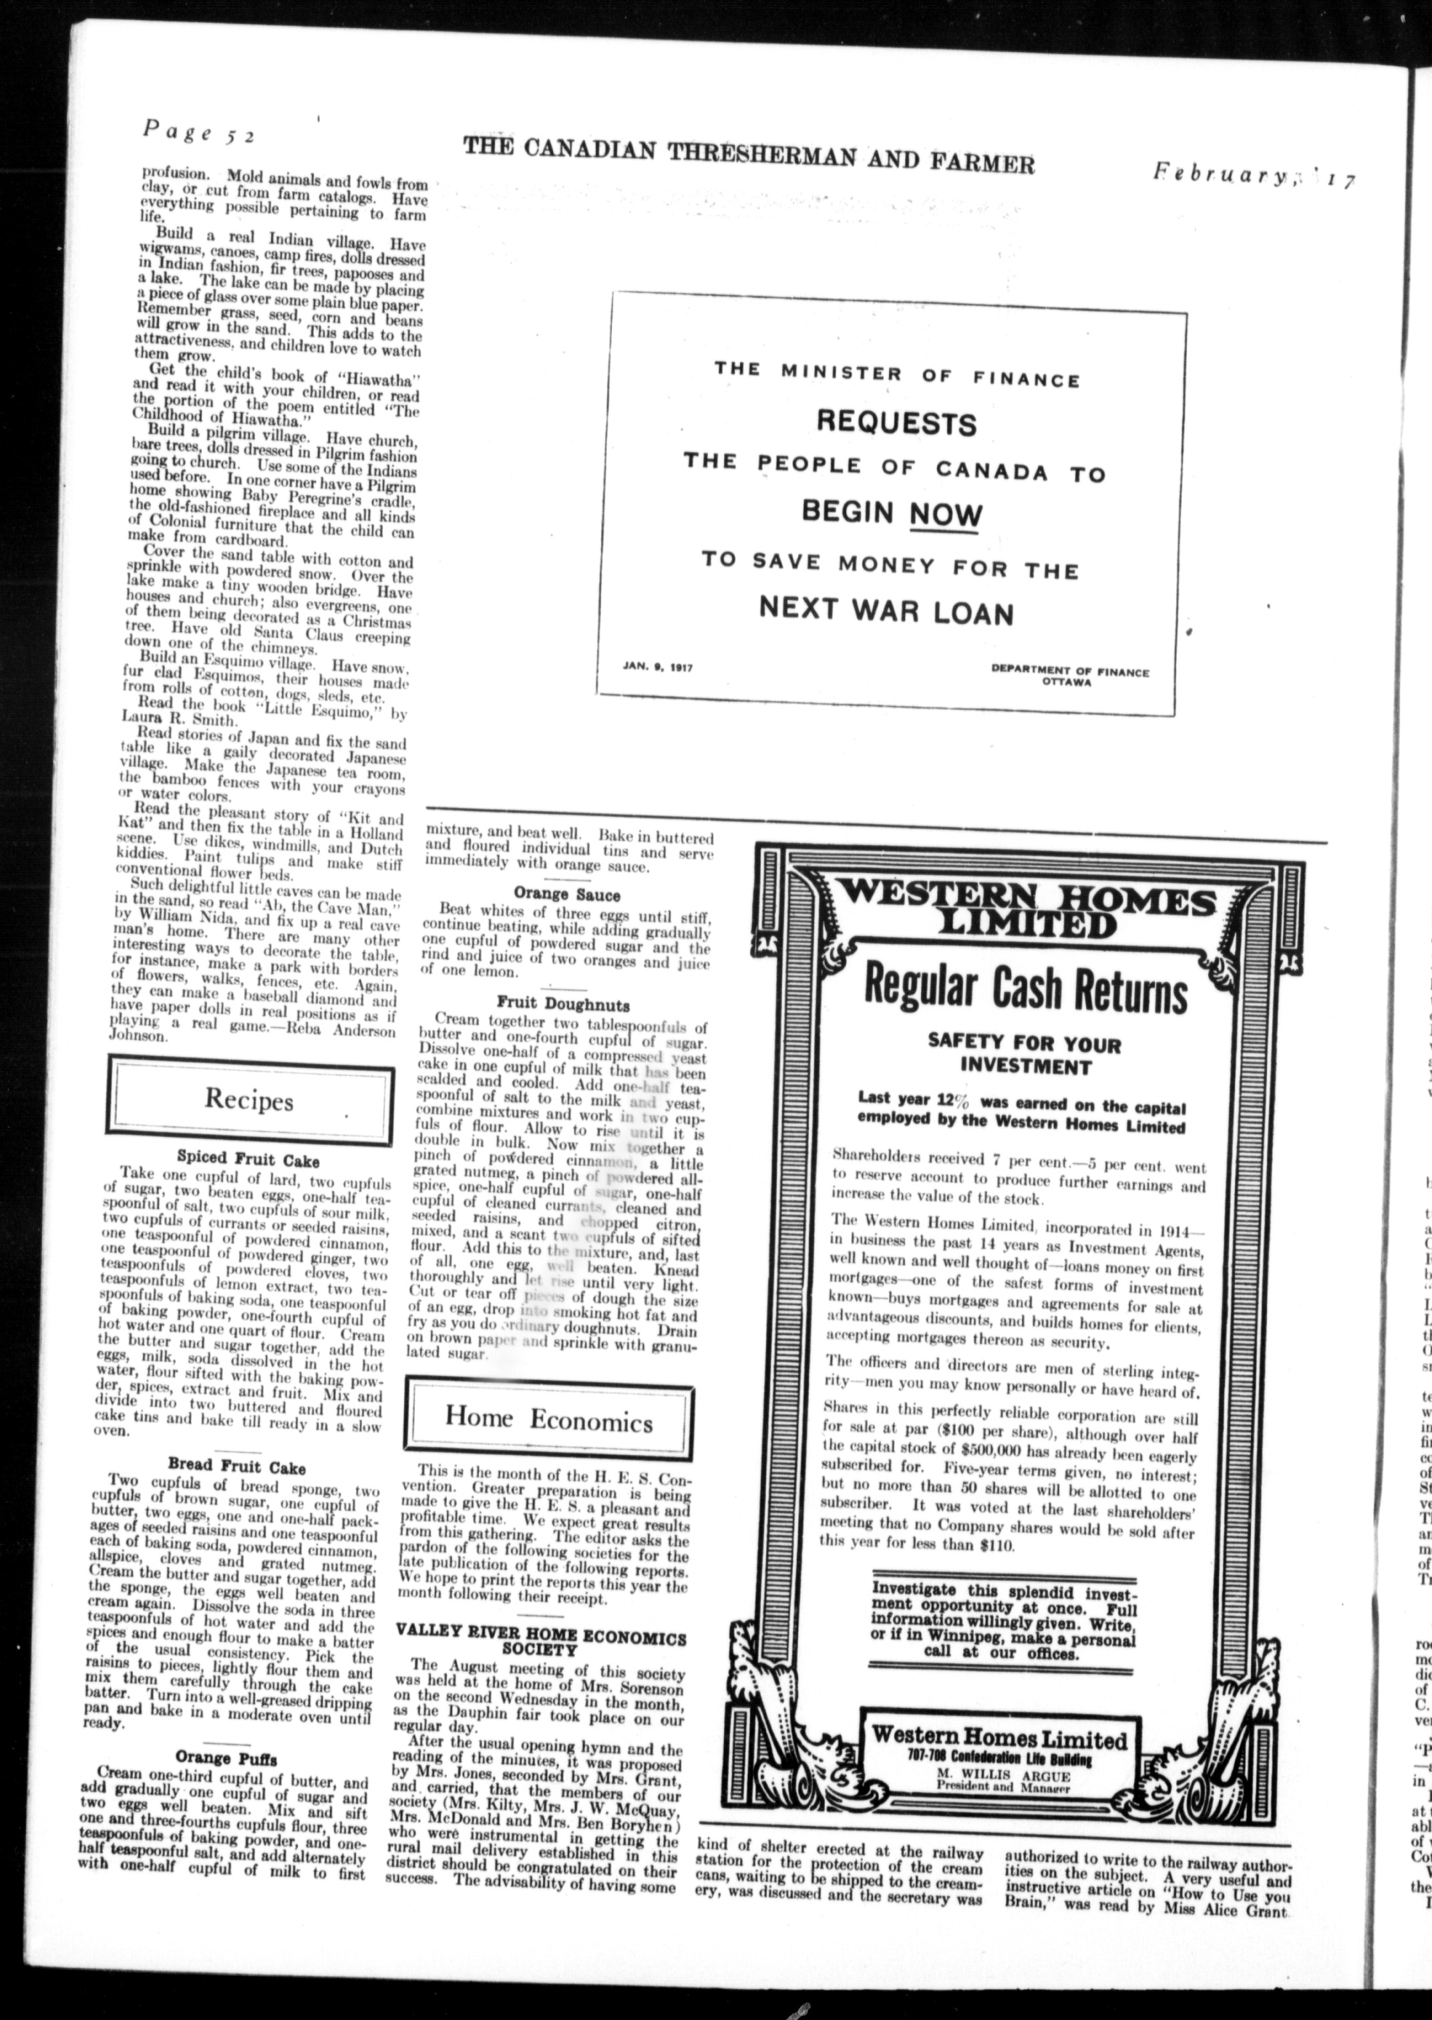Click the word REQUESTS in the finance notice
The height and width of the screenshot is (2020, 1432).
[x=896, y=424]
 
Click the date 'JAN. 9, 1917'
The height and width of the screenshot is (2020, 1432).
[x=657, y=667]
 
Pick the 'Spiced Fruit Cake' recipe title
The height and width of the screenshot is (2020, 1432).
[x=248, y=1160]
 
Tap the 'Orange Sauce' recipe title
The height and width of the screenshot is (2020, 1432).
[x=567, y=894]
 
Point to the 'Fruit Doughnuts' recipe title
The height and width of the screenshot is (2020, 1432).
[x=562, y=1004]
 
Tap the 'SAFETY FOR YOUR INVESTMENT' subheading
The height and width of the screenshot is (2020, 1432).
[x=1024, y=1055]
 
